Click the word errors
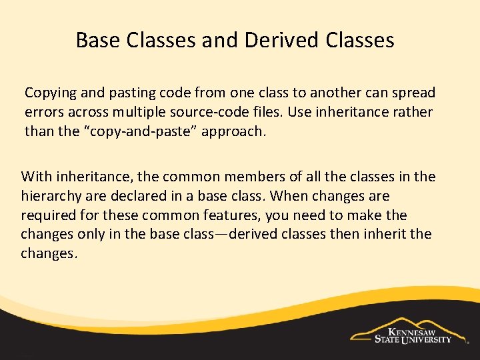pos(45,112)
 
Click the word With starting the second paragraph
pos(36,177)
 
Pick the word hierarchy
pos(50,196)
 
